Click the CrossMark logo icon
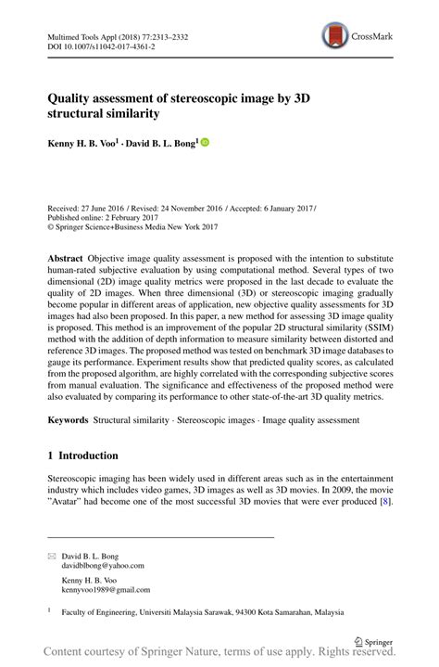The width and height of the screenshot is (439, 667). click(333, 36)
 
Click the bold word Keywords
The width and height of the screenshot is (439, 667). click(70, 420)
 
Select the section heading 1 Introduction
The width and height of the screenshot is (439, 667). click(83, 456)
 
